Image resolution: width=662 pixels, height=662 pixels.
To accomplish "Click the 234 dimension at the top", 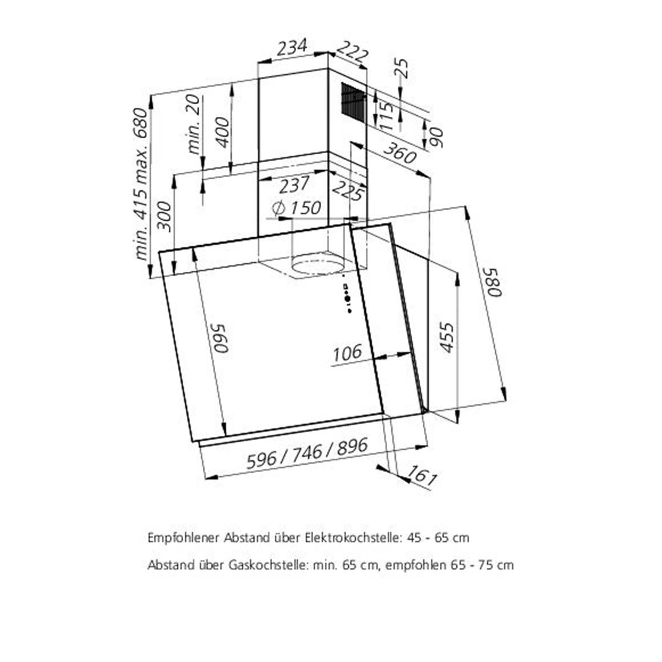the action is [292, 47].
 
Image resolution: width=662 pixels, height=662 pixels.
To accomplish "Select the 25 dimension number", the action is [402, 69].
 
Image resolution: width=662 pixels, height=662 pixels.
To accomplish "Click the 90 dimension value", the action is [436, 138].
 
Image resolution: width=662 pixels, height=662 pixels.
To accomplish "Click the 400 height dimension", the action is [222, 132].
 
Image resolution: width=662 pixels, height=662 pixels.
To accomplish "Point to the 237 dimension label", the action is [294, 185].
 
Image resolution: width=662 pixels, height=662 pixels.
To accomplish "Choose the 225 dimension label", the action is [348, 191].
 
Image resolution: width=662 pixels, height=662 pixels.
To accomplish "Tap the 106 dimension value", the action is [347, 353].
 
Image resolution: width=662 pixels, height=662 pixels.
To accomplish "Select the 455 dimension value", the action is [447, 337].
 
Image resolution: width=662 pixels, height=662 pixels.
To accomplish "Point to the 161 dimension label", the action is [422, 475].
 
